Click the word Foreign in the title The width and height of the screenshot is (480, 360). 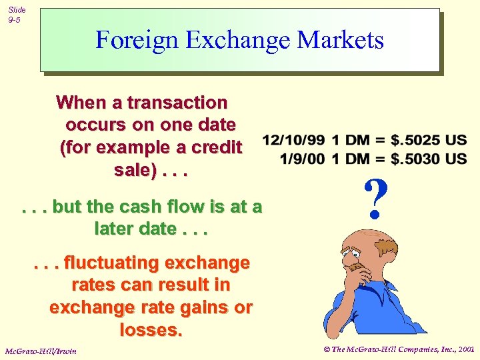click(x=137, y=41)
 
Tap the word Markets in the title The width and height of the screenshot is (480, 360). click(x=341, y=41)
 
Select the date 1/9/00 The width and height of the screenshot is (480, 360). click(x=303, y=159)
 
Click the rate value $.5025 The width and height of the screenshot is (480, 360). click(x=416, y=141)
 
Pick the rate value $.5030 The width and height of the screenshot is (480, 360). click(x=416, y=159)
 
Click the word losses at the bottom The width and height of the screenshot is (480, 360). click(x=151, y=329)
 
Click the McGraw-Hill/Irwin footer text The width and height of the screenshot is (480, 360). click(x=41, y=351)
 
